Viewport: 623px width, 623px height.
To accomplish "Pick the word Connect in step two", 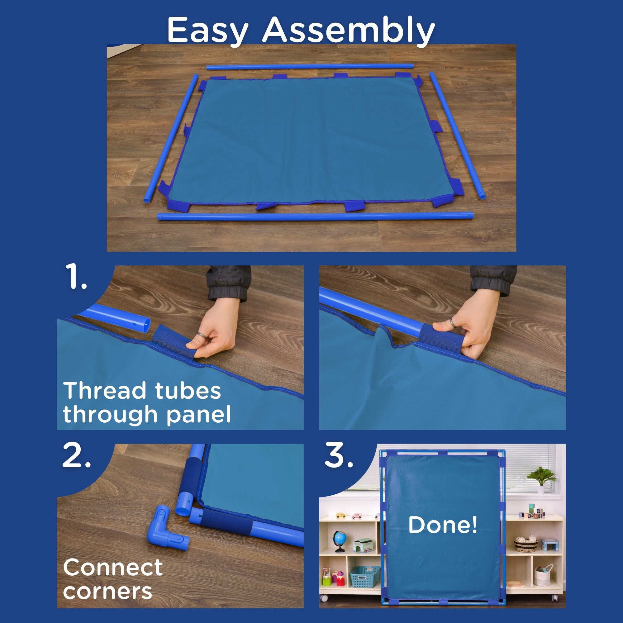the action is pos(113,568).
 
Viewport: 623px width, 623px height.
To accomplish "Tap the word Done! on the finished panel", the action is pos(443,524).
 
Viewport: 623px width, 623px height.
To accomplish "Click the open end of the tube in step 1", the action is pos(145,323).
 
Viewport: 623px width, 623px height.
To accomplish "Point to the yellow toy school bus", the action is pos(340,515).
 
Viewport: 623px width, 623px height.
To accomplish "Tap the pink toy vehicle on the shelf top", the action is pos(356,515).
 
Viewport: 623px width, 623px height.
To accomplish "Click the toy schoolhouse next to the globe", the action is pos(362,545).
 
